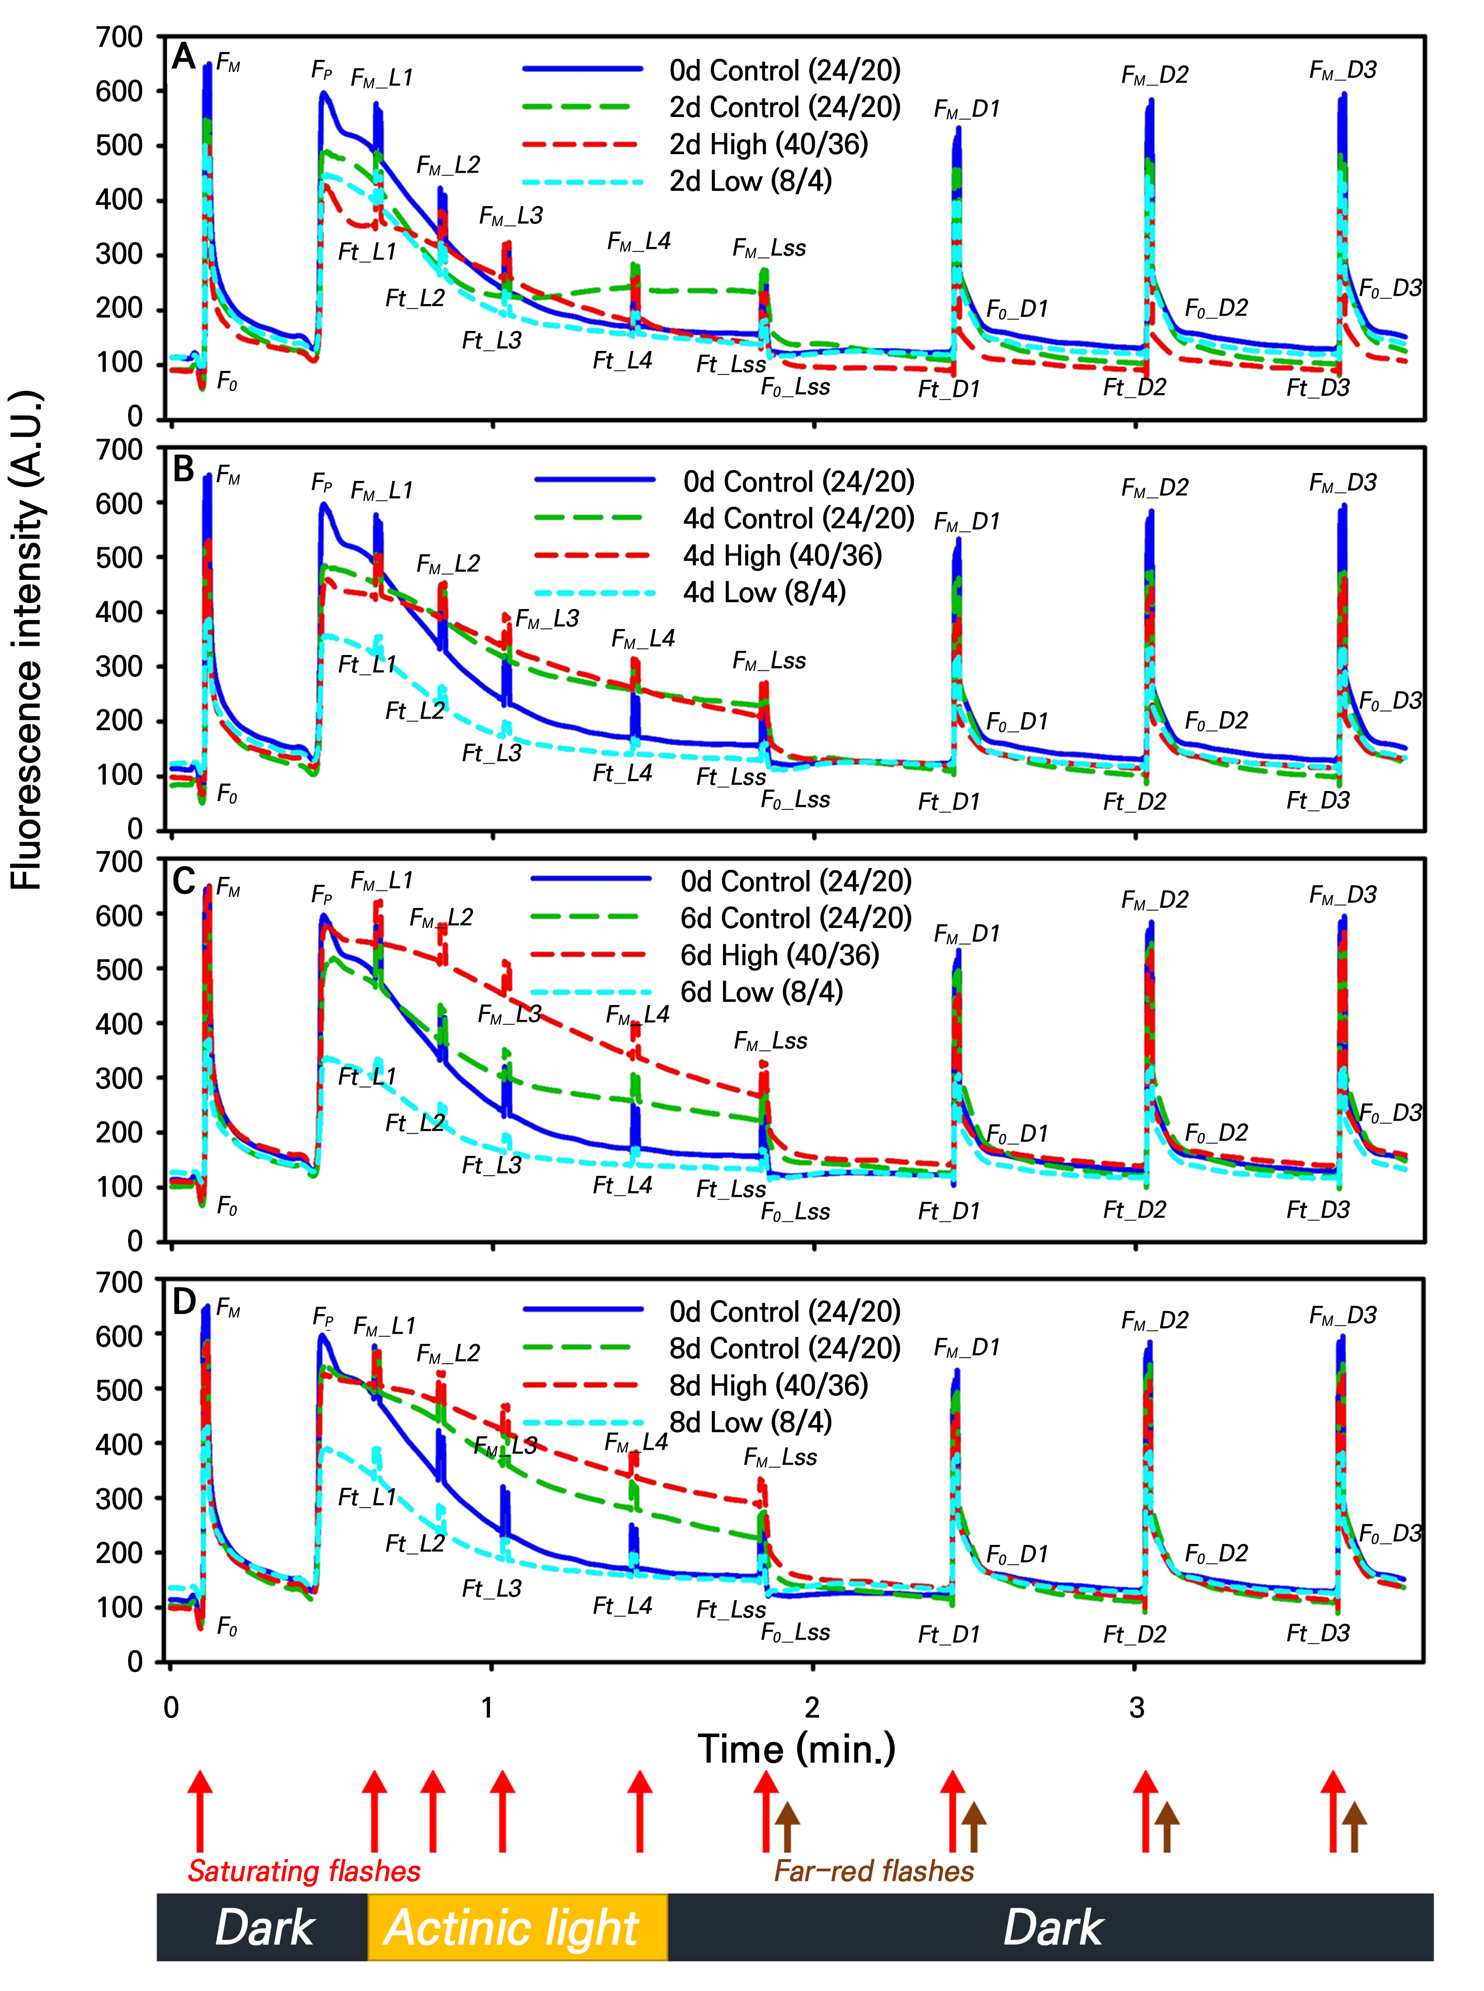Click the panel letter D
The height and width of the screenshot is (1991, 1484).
coord(183,1302)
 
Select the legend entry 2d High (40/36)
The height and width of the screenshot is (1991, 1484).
coord(768,144)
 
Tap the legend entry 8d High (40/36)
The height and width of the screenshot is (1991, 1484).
coord(768,1385)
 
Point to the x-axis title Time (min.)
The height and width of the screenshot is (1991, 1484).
coord(797,1748)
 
